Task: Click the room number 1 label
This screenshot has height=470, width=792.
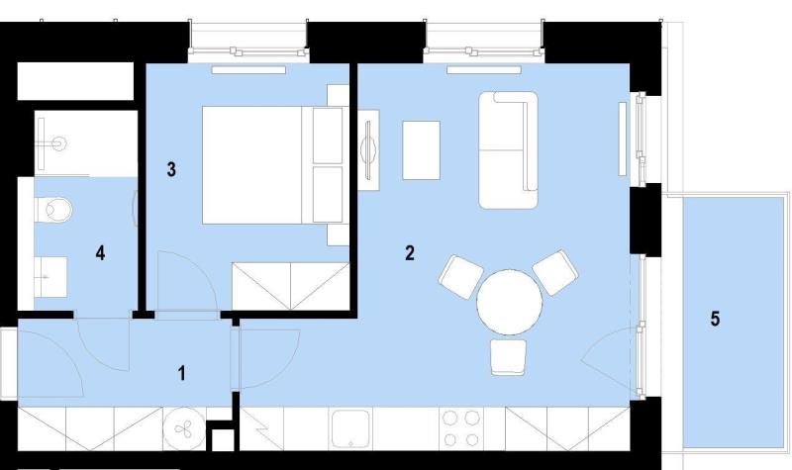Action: click(182, 374)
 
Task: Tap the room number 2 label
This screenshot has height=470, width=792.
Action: click(410, 253)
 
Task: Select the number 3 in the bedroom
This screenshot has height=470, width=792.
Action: click(171, 169)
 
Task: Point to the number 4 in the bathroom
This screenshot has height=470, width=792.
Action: click(101, 253)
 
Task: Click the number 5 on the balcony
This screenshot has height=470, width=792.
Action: click(715, 319)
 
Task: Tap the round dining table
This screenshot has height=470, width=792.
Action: click(510, 302)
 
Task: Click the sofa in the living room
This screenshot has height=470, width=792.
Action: click(508, 150)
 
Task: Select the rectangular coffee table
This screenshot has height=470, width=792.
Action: click(422, 150)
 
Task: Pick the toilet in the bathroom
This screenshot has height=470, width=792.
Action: click(54, 209)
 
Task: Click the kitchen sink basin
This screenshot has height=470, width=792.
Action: click(350, 428)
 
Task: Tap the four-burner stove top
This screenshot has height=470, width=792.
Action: click(461, 428)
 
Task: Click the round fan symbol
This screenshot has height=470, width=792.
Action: click(183, 429)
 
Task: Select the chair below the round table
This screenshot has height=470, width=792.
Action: click(508, 357)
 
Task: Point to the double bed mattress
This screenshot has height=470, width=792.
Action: click(252, 164)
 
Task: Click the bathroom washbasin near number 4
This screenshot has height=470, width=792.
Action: click(50, 277)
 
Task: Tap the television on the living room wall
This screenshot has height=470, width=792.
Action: click(369, 150)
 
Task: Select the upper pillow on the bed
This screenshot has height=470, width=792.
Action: click(328, 136)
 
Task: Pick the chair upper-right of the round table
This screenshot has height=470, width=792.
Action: click(555, 272)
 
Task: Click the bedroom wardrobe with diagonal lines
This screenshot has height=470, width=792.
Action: click(290, 286)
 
